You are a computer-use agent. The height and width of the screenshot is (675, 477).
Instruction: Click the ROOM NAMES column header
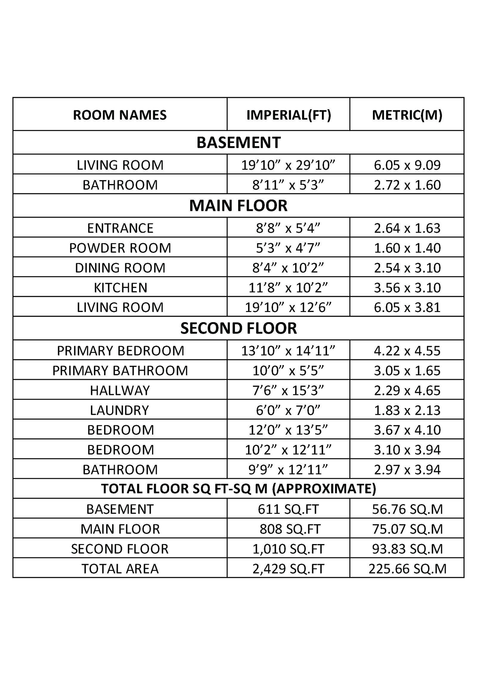[x=120, y=115]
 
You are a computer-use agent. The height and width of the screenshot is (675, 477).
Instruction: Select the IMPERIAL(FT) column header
[x=289, y=115]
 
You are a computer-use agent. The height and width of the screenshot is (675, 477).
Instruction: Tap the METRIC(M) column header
[x=407, y=115]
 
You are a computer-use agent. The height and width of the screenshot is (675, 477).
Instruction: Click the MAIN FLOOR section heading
[x=238, y=206]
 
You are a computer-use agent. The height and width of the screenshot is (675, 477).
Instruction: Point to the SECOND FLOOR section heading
[x=238, y=328]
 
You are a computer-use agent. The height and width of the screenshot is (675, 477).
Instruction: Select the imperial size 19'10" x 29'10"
[x=288, y=165]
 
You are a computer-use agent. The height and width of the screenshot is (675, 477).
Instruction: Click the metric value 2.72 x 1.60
[x=407, y=185]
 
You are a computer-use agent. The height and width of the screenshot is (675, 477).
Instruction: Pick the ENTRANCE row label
[x=120, y=228]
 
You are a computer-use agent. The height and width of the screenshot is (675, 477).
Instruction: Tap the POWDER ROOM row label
[x=120, y=248]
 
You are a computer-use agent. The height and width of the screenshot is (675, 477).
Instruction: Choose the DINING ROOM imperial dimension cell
[x=288, y=268]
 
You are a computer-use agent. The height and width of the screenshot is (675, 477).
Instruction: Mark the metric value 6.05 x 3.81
[x=407, y=307]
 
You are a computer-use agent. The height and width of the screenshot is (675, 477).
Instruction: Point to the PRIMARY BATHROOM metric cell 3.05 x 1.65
[x=407, y=370]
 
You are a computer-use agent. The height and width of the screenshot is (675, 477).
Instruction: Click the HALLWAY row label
[x=120, y=390]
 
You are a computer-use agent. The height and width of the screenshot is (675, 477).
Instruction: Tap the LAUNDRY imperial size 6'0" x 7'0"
[x=288, y=410]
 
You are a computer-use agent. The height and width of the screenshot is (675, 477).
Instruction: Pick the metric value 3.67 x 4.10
[x=407, y=430]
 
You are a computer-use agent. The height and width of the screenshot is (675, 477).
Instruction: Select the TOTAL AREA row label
[x=120, y=569]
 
